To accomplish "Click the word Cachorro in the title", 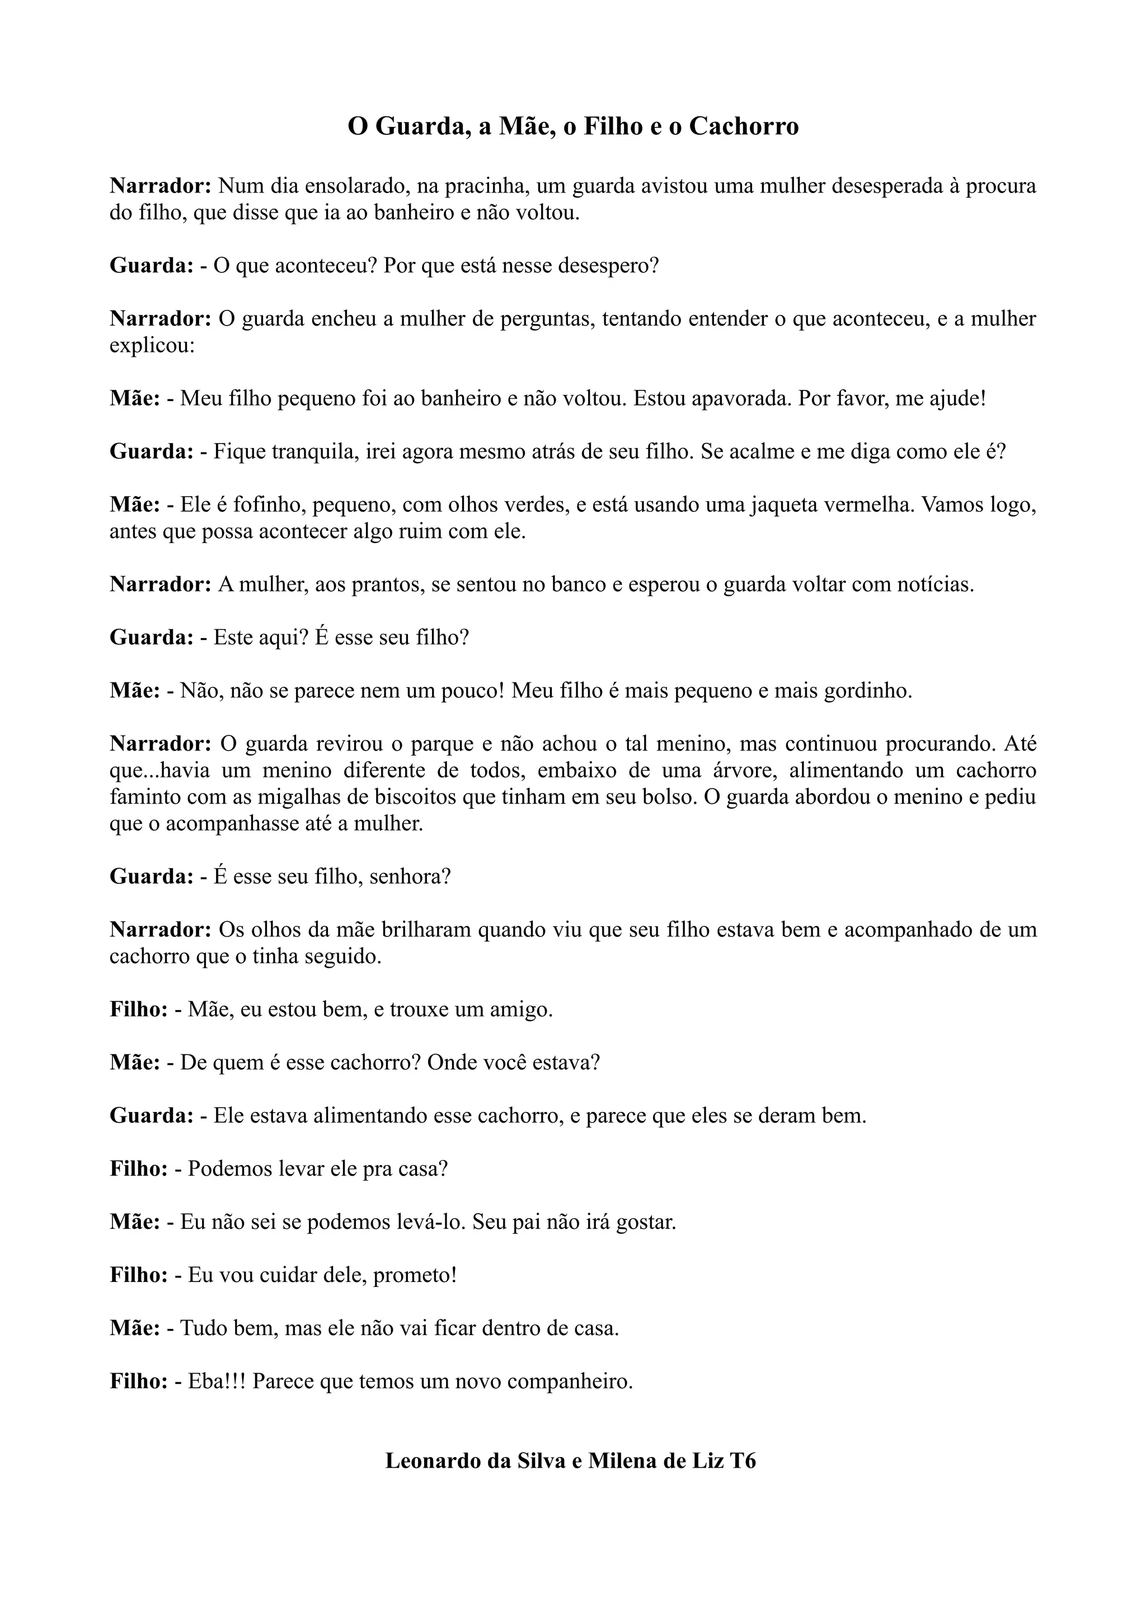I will click(744, 126).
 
